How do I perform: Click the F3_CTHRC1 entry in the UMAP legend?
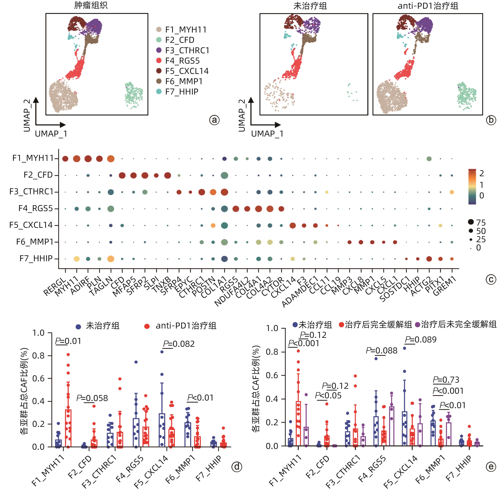point(187,50)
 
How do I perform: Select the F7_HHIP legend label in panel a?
point(181,92)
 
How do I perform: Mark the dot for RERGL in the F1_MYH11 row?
point(65,159)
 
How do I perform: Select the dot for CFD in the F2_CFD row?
point(122,175)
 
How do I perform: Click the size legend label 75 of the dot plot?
point(481,223)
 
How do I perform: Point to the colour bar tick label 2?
point(482,173)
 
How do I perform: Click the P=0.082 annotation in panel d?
point(179,344)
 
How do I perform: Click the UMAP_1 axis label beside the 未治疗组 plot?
point(267,134)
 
